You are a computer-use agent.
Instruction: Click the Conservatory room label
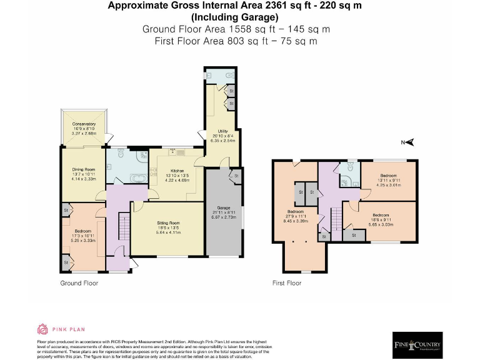tap(84, 124)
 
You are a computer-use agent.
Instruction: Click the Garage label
tap(224, 207)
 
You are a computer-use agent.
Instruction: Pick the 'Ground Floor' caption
tap(79, 283)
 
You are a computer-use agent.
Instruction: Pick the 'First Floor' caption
tap(287, 283)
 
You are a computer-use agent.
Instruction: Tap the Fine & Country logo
tap(417, 345)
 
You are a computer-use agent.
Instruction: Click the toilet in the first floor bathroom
tap(352, 167)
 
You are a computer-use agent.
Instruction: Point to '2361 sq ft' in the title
tap(280, 6)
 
